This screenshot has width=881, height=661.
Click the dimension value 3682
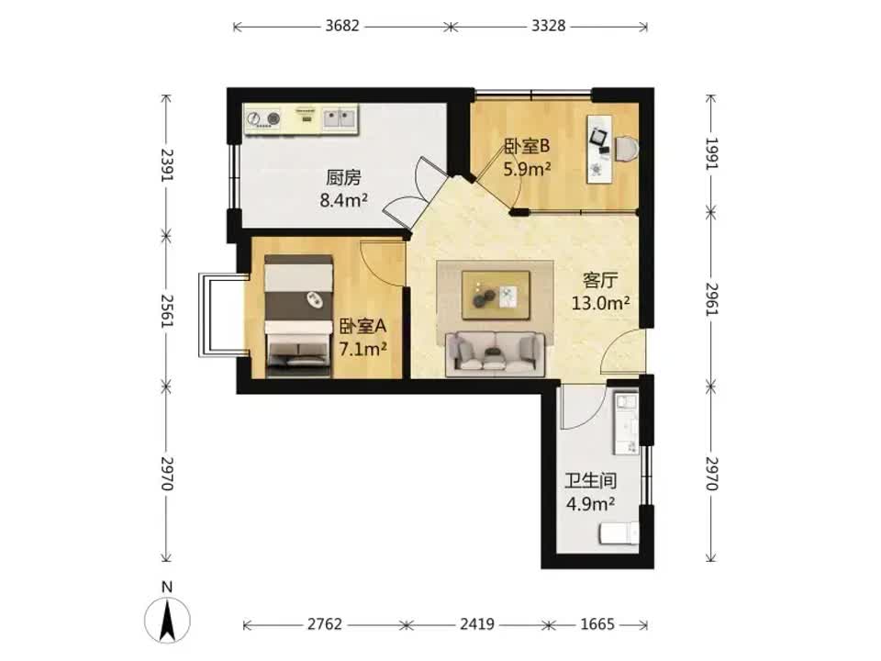341,26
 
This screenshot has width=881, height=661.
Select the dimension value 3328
549,26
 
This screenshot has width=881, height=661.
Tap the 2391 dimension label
167,164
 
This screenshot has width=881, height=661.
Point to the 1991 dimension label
711,153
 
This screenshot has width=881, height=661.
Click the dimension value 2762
324,624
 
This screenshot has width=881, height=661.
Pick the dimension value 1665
597,624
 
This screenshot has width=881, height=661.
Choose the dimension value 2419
477,624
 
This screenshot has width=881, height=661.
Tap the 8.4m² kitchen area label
344,199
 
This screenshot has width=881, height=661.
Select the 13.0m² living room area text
600,304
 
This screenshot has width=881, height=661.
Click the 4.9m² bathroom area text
590,504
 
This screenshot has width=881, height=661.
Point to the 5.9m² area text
527,169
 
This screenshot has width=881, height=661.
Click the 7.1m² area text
363,350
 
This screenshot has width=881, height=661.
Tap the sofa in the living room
495,353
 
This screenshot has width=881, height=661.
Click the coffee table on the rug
496,295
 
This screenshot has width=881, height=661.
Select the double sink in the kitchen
340,118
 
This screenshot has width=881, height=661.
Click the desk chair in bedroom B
626,149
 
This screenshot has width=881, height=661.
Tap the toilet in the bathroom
619,532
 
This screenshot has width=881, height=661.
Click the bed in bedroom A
298,316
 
